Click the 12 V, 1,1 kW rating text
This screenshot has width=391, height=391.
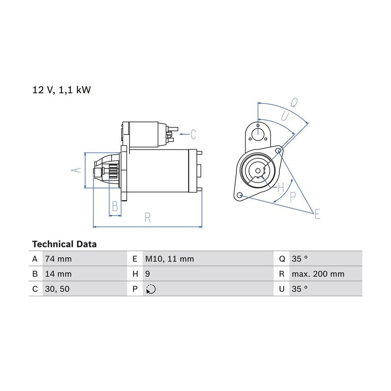(62, 90)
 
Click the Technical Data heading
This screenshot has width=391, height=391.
(64, 244)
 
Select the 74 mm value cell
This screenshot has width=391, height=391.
(58, 259)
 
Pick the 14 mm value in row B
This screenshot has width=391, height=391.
(58, 274)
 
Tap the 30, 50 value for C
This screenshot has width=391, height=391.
(57, 289)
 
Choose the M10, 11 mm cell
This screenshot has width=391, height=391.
(169, 259)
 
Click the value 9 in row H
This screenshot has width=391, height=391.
(148, 274)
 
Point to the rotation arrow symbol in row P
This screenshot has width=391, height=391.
(151, 289)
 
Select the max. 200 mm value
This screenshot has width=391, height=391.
(318, 274)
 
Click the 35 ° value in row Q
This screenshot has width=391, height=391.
(299, 259)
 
